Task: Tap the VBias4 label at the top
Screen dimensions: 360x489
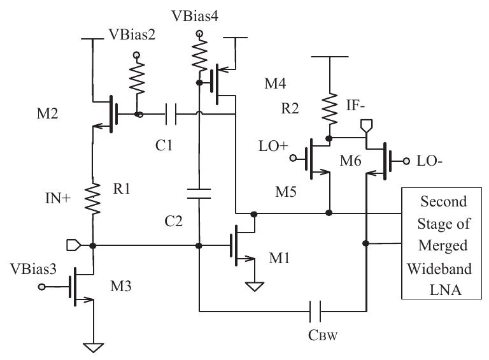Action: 199,13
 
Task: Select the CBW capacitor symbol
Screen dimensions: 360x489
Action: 316,312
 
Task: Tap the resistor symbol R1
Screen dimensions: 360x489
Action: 93,199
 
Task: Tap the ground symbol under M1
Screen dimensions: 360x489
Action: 255,287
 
